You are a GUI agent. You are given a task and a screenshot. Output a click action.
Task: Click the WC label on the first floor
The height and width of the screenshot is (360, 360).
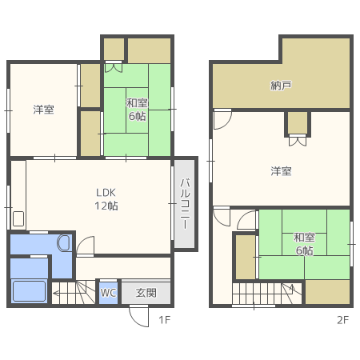(108, 293)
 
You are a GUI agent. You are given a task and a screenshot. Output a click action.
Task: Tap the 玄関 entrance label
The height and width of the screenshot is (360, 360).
(146, 293)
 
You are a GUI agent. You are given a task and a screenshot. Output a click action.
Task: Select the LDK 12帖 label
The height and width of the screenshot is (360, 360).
(106, 199)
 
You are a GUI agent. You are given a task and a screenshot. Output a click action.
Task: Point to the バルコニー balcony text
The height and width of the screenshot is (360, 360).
(185, 204)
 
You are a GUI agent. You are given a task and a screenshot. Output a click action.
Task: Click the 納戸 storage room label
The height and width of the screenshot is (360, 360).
(281, 86)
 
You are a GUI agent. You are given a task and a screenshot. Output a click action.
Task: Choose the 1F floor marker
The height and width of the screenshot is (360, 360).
(164, 320)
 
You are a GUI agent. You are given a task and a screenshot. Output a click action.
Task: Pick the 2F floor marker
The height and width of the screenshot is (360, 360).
(342, 320)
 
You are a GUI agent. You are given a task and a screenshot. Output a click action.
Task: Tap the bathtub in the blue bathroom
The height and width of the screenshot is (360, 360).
(29, 291)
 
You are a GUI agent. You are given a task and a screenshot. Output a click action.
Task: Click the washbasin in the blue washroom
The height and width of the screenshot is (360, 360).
(63, 243)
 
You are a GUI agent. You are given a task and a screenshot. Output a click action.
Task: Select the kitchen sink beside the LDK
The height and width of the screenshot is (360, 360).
(18, 219)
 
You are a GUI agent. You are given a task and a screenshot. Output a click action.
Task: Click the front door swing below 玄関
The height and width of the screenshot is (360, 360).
(138, 317)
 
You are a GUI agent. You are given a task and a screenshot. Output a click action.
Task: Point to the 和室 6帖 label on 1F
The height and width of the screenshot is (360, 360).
(137, 110)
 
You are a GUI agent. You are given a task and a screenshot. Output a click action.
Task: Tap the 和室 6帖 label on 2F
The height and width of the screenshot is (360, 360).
(304, 244)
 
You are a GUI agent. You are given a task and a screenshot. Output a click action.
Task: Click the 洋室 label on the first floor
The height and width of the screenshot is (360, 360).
(43, 110)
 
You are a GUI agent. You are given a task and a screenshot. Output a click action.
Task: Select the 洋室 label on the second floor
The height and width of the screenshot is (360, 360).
(281, 171)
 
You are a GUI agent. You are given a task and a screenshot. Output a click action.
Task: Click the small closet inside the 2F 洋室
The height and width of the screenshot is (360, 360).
(298, 122)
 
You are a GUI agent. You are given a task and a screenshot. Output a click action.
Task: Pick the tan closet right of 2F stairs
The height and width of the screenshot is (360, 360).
(327, 292)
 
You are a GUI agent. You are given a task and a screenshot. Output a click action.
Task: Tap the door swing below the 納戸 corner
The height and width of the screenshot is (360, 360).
(222, 119)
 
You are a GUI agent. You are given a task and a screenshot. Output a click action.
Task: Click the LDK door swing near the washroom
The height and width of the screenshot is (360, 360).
(85, 246)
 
